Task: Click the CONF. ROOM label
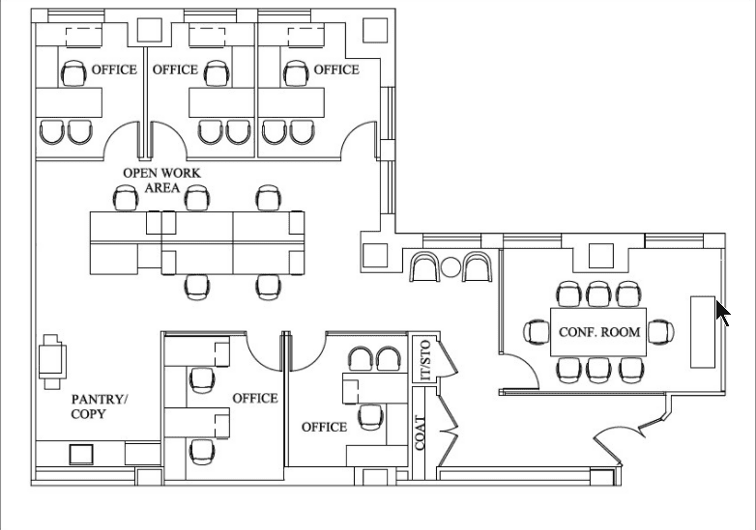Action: (x=599, y=332)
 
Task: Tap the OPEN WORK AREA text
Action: (x=161, y=180)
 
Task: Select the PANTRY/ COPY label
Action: (x=100, y=406)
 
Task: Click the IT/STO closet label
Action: (x=425, y=360)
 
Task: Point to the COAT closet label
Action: (x=420, y=432)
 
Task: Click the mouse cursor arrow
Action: (x=723, y=313)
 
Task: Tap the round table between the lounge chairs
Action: (x=451, y=267)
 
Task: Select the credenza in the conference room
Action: (x=703, y=332)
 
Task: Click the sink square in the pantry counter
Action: (x=81, y=455)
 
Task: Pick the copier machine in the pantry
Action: (x=52, y=361)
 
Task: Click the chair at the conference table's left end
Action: (x=537, y=332)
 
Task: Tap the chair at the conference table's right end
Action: (x=660, y=332)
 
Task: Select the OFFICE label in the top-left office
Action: (x=114, y=70)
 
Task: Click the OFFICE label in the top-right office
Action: (x=336, y=70)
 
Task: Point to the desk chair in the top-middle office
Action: (x=217, y=73)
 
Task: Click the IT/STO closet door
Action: (x=448, y=356)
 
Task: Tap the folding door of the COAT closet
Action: (x=448, y=425)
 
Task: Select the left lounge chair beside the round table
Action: (x=424, y=266)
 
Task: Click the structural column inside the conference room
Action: (x=600, y=256)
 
